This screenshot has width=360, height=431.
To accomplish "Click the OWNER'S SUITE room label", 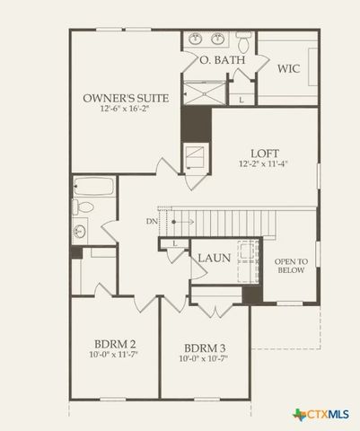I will [x=122, y=97].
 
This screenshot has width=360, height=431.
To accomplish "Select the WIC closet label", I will [x=288, y=68].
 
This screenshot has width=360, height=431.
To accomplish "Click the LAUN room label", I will [x=214, y=258].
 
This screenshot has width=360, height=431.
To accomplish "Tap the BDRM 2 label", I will [x=114, y=344].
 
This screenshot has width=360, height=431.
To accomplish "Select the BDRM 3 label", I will [x=204, y=348].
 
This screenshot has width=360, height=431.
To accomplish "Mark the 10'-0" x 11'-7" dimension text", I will [x=114, y=355].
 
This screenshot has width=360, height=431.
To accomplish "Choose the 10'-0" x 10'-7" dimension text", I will [x=204, y=359].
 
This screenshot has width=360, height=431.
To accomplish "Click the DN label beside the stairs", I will [x=150, y=221].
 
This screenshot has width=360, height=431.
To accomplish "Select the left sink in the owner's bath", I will [x=197, y=40].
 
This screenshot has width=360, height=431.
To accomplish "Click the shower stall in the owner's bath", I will [x=204, y=92].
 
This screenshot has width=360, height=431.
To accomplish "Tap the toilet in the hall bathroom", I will [x=83, y=207].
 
